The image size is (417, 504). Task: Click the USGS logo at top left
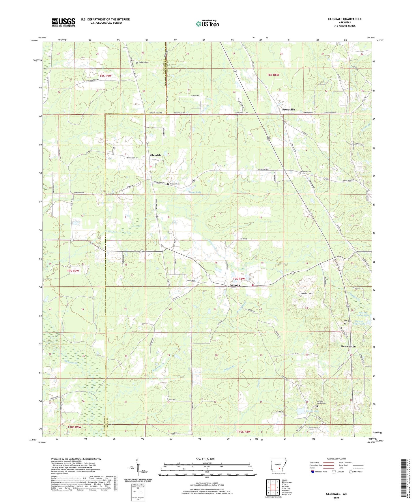63,22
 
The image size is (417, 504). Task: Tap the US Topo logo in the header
207,24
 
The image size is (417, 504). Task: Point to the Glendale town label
156,155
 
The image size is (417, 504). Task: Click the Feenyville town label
288,110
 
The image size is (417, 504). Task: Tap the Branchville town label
348,346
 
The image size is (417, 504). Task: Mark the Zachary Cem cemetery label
143,62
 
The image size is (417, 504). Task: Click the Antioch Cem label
175,184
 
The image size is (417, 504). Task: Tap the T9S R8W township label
239,279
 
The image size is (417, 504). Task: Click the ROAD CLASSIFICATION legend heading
336,459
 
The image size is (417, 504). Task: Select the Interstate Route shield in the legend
313,472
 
